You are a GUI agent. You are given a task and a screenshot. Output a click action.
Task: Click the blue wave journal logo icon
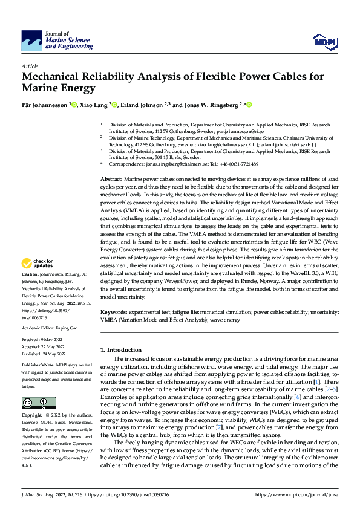click(32, 41)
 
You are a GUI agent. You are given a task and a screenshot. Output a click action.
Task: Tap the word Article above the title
click(30, 66)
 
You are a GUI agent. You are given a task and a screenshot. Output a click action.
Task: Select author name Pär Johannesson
click(45, 105)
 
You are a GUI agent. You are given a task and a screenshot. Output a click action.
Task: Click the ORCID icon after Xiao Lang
click(113, 105)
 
